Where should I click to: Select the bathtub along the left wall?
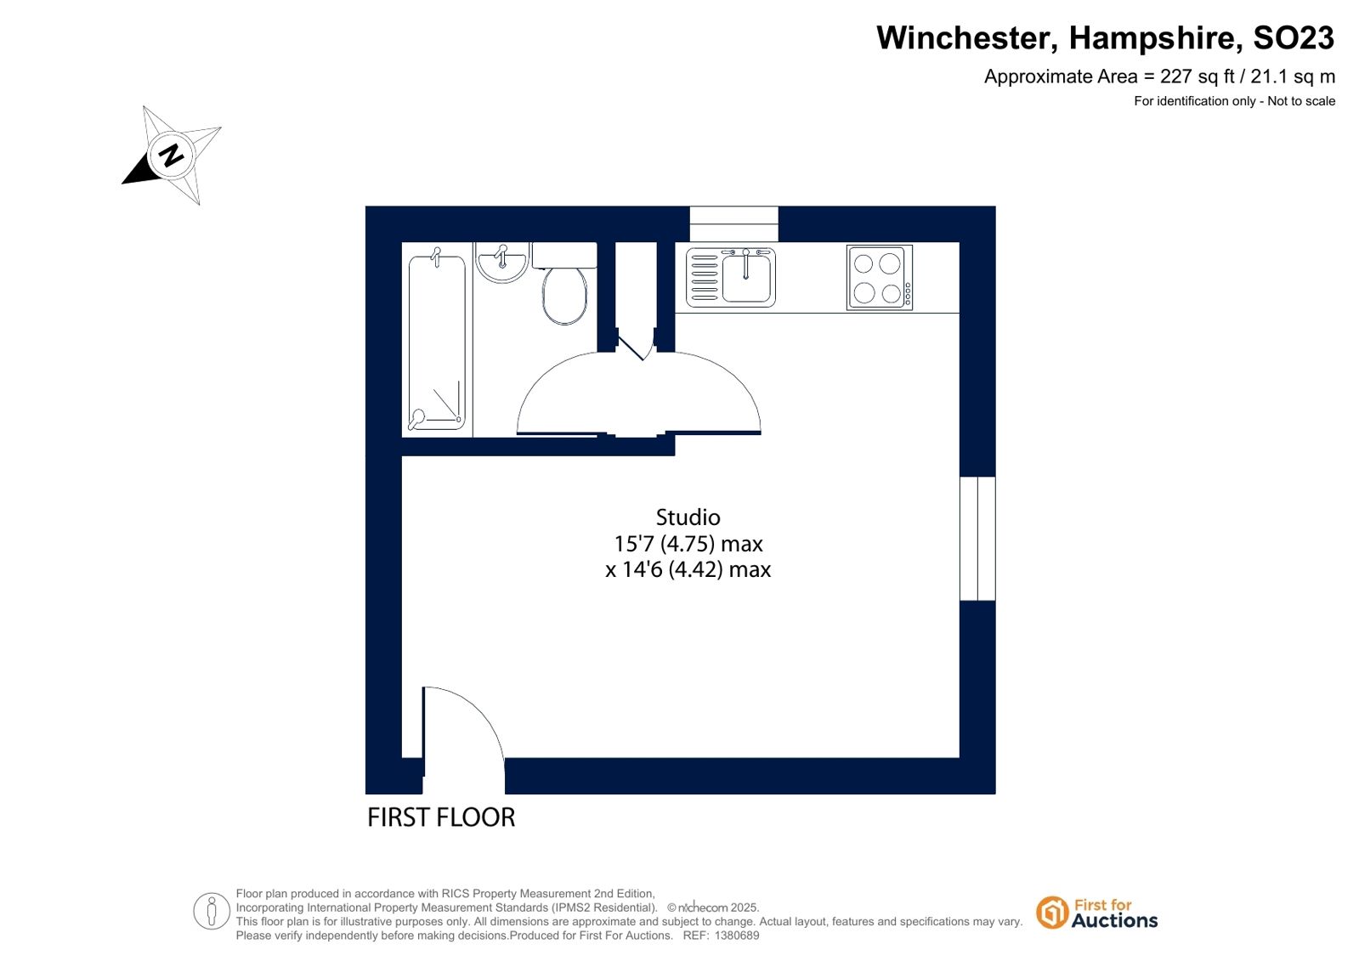pyautogui.click(x=437, y=342)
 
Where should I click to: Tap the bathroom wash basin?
pyautogui.click(x=501, y=262)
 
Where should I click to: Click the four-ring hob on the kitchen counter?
pyautogui.click(x=880, y=278)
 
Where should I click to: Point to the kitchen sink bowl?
pyautogui.click(x=746, y=279)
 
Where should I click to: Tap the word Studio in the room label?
pyautogui.click(x=688, y=517)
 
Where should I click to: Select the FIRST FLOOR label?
pyautogui.click(x=441, y=817)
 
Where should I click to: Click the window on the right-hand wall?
pyautogui.click(x=977, y=539)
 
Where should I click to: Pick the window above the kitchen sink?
pyautogui.click(x=733, y=223)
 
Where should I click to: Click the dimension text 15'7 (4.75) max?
pyautogui.click(x=688, y=544)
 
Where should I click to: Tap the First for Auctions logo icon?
pyautogui.click(x=1051, y=913)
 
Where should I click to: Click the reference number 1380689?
pyautogui.click(x=737, y=936)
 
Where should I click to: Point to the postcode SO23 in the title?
pyautogui.click(x=1294, y=38)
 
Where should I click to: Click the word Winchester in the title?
pyautogui.click(x=968, y=38)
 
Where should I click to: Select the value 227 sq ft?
pyautogui.click(x=1198, y=77)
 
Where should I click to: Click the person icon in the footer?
pyautogui.click(x=211, y=911)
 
